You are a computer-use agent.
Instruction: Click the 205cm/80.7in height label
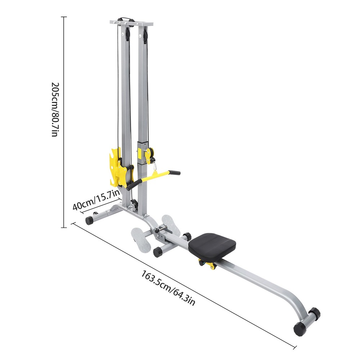54,109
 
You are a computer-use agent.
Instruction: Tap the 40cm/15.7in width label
96,201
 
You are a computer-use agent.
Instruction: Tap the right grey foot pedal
171,224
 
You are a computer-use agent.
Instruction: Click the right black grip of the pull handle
175,173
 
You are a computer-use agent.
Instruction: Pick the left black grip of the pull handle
132,184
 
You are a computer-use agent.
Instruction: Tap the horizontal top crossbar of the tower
131,23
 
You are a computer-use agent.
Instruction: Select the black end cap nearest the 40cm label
89,220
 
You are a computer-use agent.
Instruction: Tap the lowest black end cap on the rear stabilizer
300,328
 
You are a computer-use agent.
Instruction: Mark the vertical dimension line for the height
65,122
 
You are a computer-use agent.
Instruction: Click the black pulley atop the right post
145,35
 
